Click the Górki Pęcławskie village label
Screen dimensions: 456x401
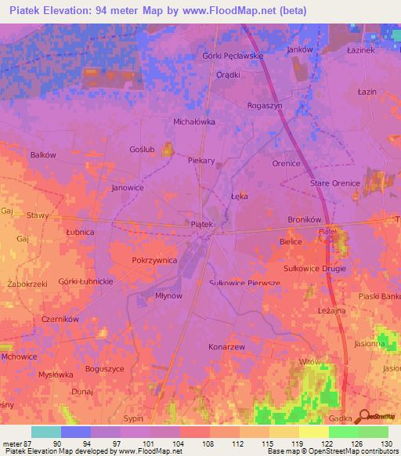point(233,56)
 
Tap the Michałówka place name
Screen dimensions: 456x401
point(193,122)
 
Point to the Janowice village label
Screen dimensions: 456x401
point(128,188)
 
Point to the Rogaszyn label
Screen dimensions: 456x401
point(264,105)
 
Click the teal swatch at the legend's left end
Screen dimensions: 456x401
point(46,432)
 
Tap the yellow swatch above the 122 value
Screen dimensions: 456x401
point(314,432)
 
